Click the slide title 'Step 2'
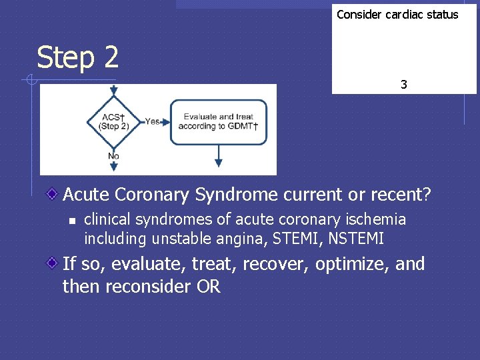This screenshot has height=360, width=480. click(78, 57)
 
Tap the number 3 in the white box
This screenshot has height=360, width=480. click(404, 85)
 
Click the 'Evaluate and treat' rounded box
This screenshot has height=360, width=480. click(218, 121)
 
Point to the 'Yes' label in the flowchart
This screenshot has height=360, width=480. click(153, 121)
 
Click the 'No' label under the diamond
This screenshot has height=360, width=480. click(113, 156)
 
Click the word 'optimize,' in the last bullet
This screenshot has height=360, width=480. click(353, 264)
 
